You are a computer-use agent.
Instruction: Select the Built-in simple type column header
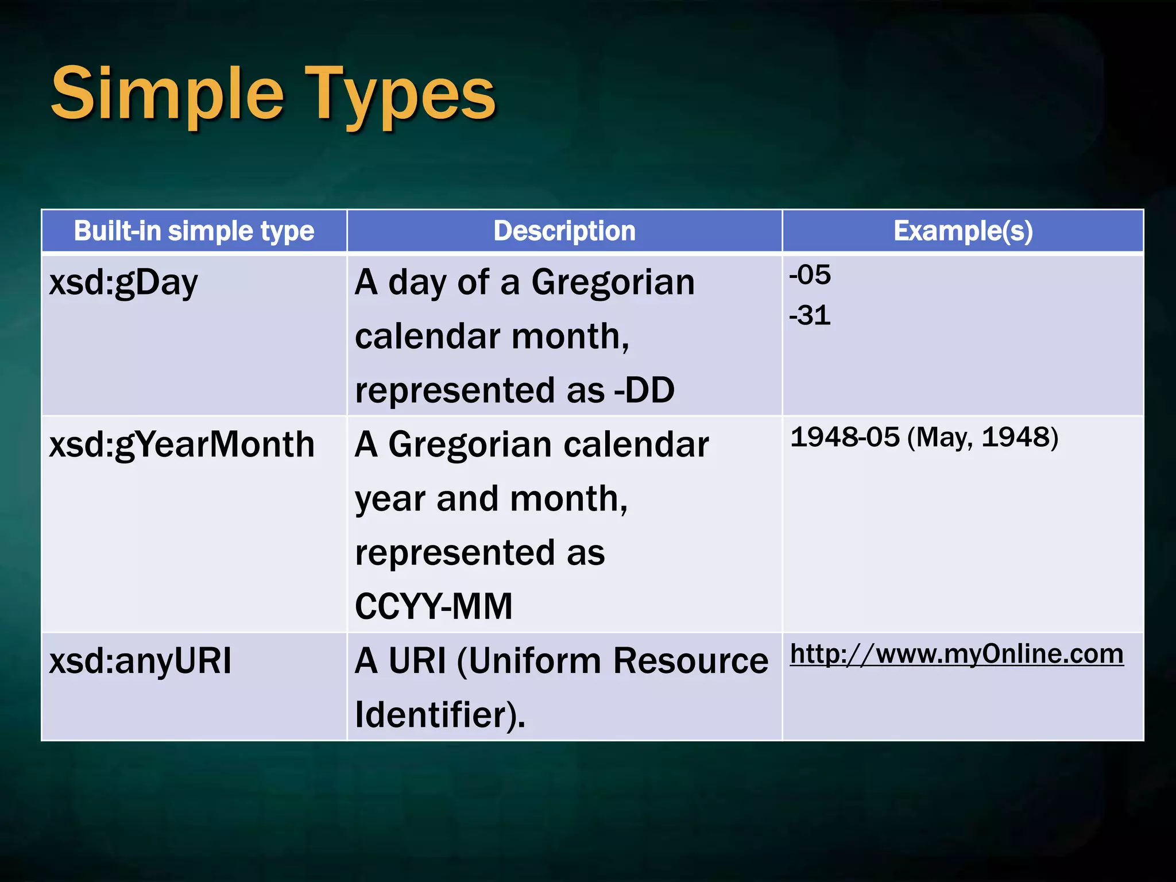pyautogui.click(x=194, y=231)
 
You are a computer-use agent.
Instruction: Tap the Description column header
pyautogui.click(x=564, y=231)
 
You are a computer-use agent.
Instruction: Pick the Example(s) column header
pyautogui.click(x=963, y=231)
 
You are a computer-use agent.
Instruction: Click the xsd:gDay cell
pyautogui.click(x=123, y=283)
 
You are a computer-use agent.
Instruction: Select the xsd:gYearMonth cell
pyautogui.click(x=182, y=445)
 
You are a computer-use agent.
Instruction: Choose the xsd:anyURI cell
pyautogui.click(x=141, y=661)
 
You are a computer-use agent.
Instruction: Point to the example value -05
pyautogui.click(x=810, y=275)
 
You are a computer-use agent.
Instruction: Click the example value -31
pyautogui.click(x=810, y=316)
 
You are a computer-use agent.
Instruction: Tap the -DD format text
pyautogui.click(x=644, y=390)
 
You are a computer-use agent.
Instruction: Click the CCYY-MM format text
pyautogui.click(x=434, y=606)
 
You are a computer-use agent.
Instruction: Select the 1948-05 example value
pyautogui.click(x=845, y=438)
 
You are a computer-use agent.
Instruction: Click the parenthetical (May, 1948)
pyautogui.click(x=982, y=438)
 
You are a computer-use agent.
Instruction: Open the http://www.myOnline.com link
pyautogui.click(x=957, y=654)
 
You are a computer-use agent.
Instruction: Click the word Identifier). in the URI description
pyautogui.click(x=440, y=715)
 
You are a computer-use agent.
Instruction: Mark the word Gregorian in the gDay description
pyautogui.click(x=613, y=283)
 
